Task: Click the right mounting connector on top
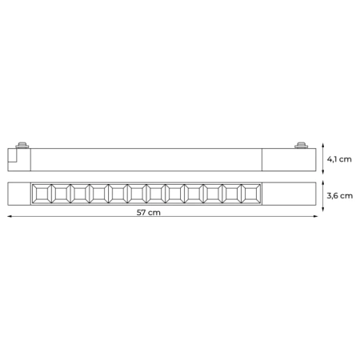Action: point(302,146)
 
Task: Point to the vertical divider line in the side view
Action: point(264,158)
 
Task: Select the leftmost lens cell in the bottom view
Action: point(39,192)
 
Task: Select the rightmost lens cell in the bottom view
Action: point(253,192)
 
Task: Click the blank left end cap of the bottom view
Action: point(19,192)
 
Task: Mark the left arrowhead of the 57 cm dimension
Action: point(10,216)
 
